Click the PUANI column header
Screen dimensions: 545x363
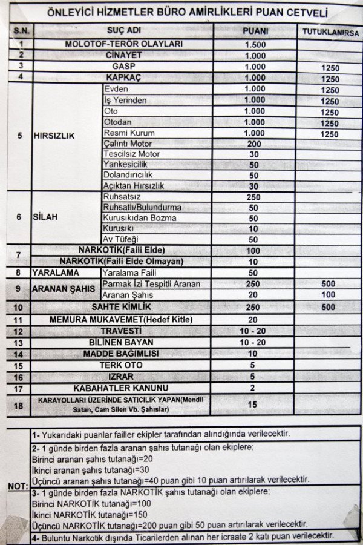pyautogui.click(x=255, y=30)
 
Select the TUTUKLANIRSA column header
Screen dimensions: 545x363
pyautogui.click(x=330, y=31)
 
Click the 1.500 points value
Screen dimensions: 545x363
pyautogui.click(x=255, y=45)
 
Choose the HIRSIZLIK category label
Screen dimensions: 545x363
pyautogui.click(x=54, y=136)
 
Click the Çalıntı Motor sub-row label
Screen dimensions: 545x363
pyautogui.click(x=128, y=144)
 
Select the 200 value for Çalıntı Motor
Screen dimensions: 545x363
pyautogui.click(x=254, y=144)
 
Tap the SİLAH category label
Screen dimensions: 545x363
pyautogui.click(x=45, y=217)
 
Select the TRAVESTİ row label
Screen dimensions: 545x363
pyautogui.click(x=121, y=331)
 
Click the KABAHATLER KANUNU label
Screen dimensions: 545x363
pyautogui.click(x=121, y=388)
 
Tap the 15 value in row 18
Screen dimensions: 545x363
pyautogui.click(x=253, y=404)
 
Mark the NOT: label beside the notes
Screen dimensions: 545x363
pyautogui.click(x=18, y=486)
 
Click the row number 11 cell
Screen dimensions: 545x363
pyautogui.click(x=19, y=320)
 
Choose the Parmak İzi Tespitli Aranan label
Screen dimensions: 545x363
pyautogui.click(x=151, y=284)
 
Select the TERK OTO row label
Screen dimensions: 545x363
pyautogui.click(x=121, y=365)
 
